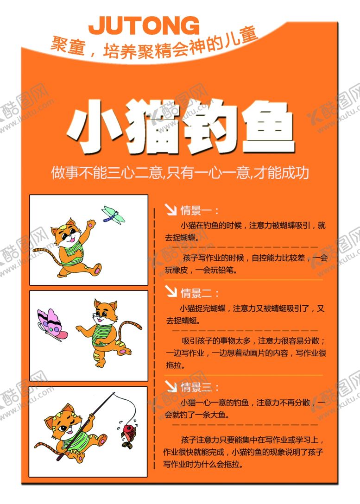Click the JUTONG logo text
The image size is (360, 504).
point(144,25)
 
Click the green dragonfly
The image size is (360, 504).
point(113,215)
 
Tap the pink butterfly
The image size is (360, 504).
point(51,325)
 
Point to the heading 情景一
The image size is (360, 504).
point(196,210)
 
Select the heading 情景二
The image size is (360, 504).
point(196,293)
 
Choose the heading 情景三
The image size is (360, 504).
point(196,387)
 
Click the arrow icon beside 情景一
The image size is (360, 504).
point(171,209)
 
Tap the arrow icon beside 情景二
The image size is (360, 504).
point(171,291)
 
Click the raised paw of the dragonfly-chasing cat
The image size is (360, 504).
point(92,223)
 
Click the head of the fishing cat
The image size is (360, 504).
point(64,422)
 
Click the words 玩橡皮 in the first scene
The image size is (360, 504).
point(177,270)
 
